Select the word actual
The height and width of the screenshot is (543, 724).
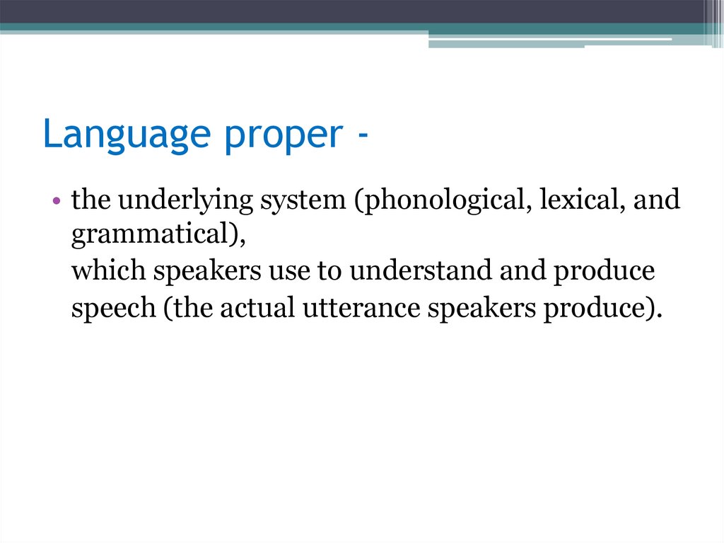(x=252, y=309)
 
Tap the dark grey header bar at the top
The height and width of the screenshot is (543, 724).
(x=354, y=11)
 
